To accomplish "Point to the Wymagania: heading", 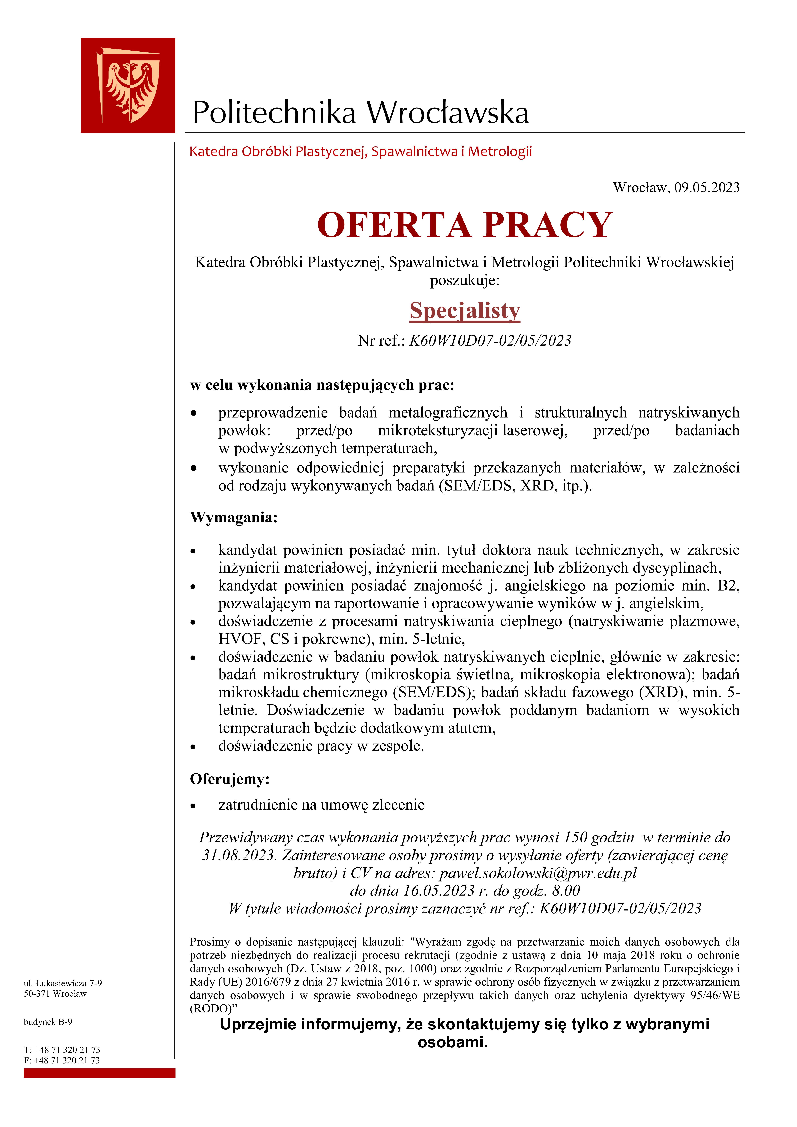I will (234, 517).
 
